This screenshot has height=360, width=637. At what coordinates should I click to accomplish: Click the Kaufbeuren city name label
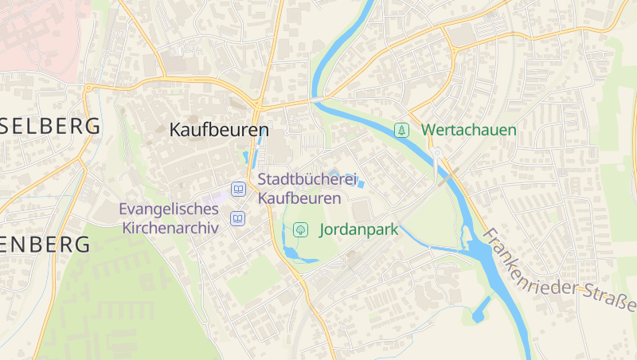click(x=219, y=129)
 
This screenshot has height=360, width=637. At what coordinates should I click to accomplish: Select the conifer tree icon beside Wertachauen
click(x=403, y=130)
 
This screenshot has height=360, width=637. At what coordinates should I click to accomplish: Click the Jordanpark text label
click(x=358, y=230)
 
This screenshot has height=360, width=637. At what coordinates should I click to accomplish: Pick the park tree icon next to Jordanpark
click(x=301, y=230)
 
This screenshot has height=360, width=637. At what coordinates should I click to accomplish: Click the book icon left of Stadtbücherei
click(x=237, y=190)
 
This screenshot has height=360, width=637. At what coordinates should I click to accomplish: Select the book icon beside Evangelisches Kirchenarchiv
click(x=237, y=218)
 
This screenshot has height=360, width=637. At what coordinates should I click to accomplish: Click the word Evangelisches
click(x=169, y=209)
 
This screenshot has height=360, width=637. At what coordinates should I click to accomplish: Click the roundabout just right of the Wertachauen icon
click(x=436, y=152)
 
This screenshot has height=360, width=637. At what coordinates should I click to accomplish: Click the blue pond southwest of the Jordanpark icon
click(x=291, y=253)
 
